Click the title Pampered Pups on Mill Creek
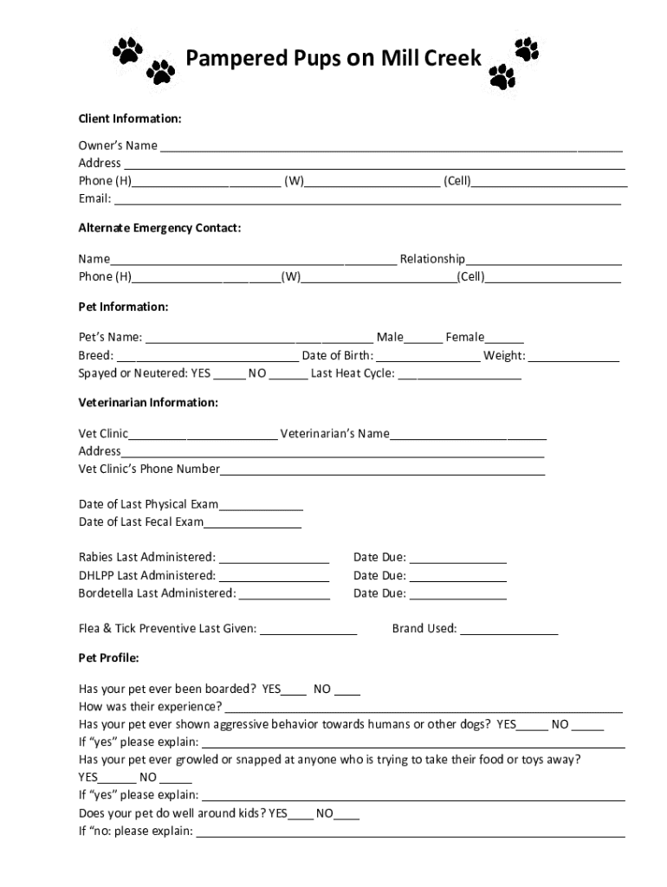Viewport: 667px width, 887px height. [x=333, y=59]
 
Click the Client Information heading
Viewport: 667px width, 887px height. [x=130, y=118]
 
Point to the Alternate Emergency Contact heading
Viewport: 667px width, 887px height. [x=159, y=228]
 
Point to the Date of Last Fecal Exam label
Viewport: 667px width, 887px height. [x=141, y=521]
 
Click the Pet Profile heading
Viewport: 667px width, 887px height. [x=109, y=657]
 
